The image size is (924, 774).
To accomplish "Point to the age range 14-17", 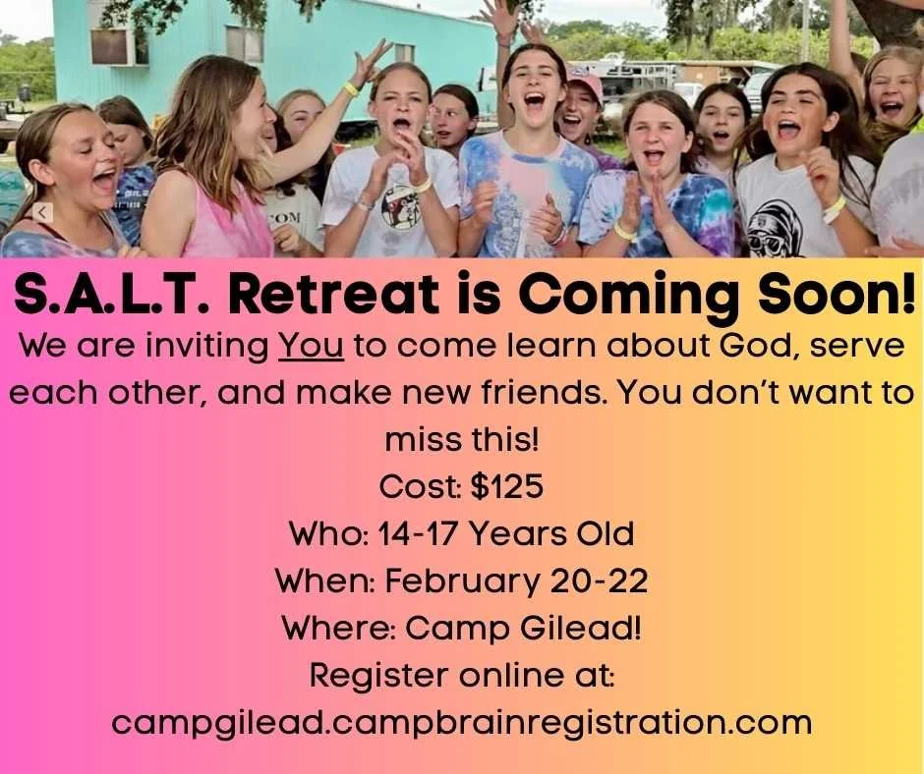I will tap(410, 534).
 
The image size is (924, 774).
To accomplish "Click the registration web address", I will tap(462, 723).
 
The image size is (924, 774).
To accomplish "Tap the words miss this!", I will tap(462, 440).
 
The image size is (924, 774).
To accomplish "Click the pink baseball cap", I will tap(584, 83).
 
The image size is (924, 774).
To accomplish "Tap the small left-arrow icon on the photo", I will tap(42, 212).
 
